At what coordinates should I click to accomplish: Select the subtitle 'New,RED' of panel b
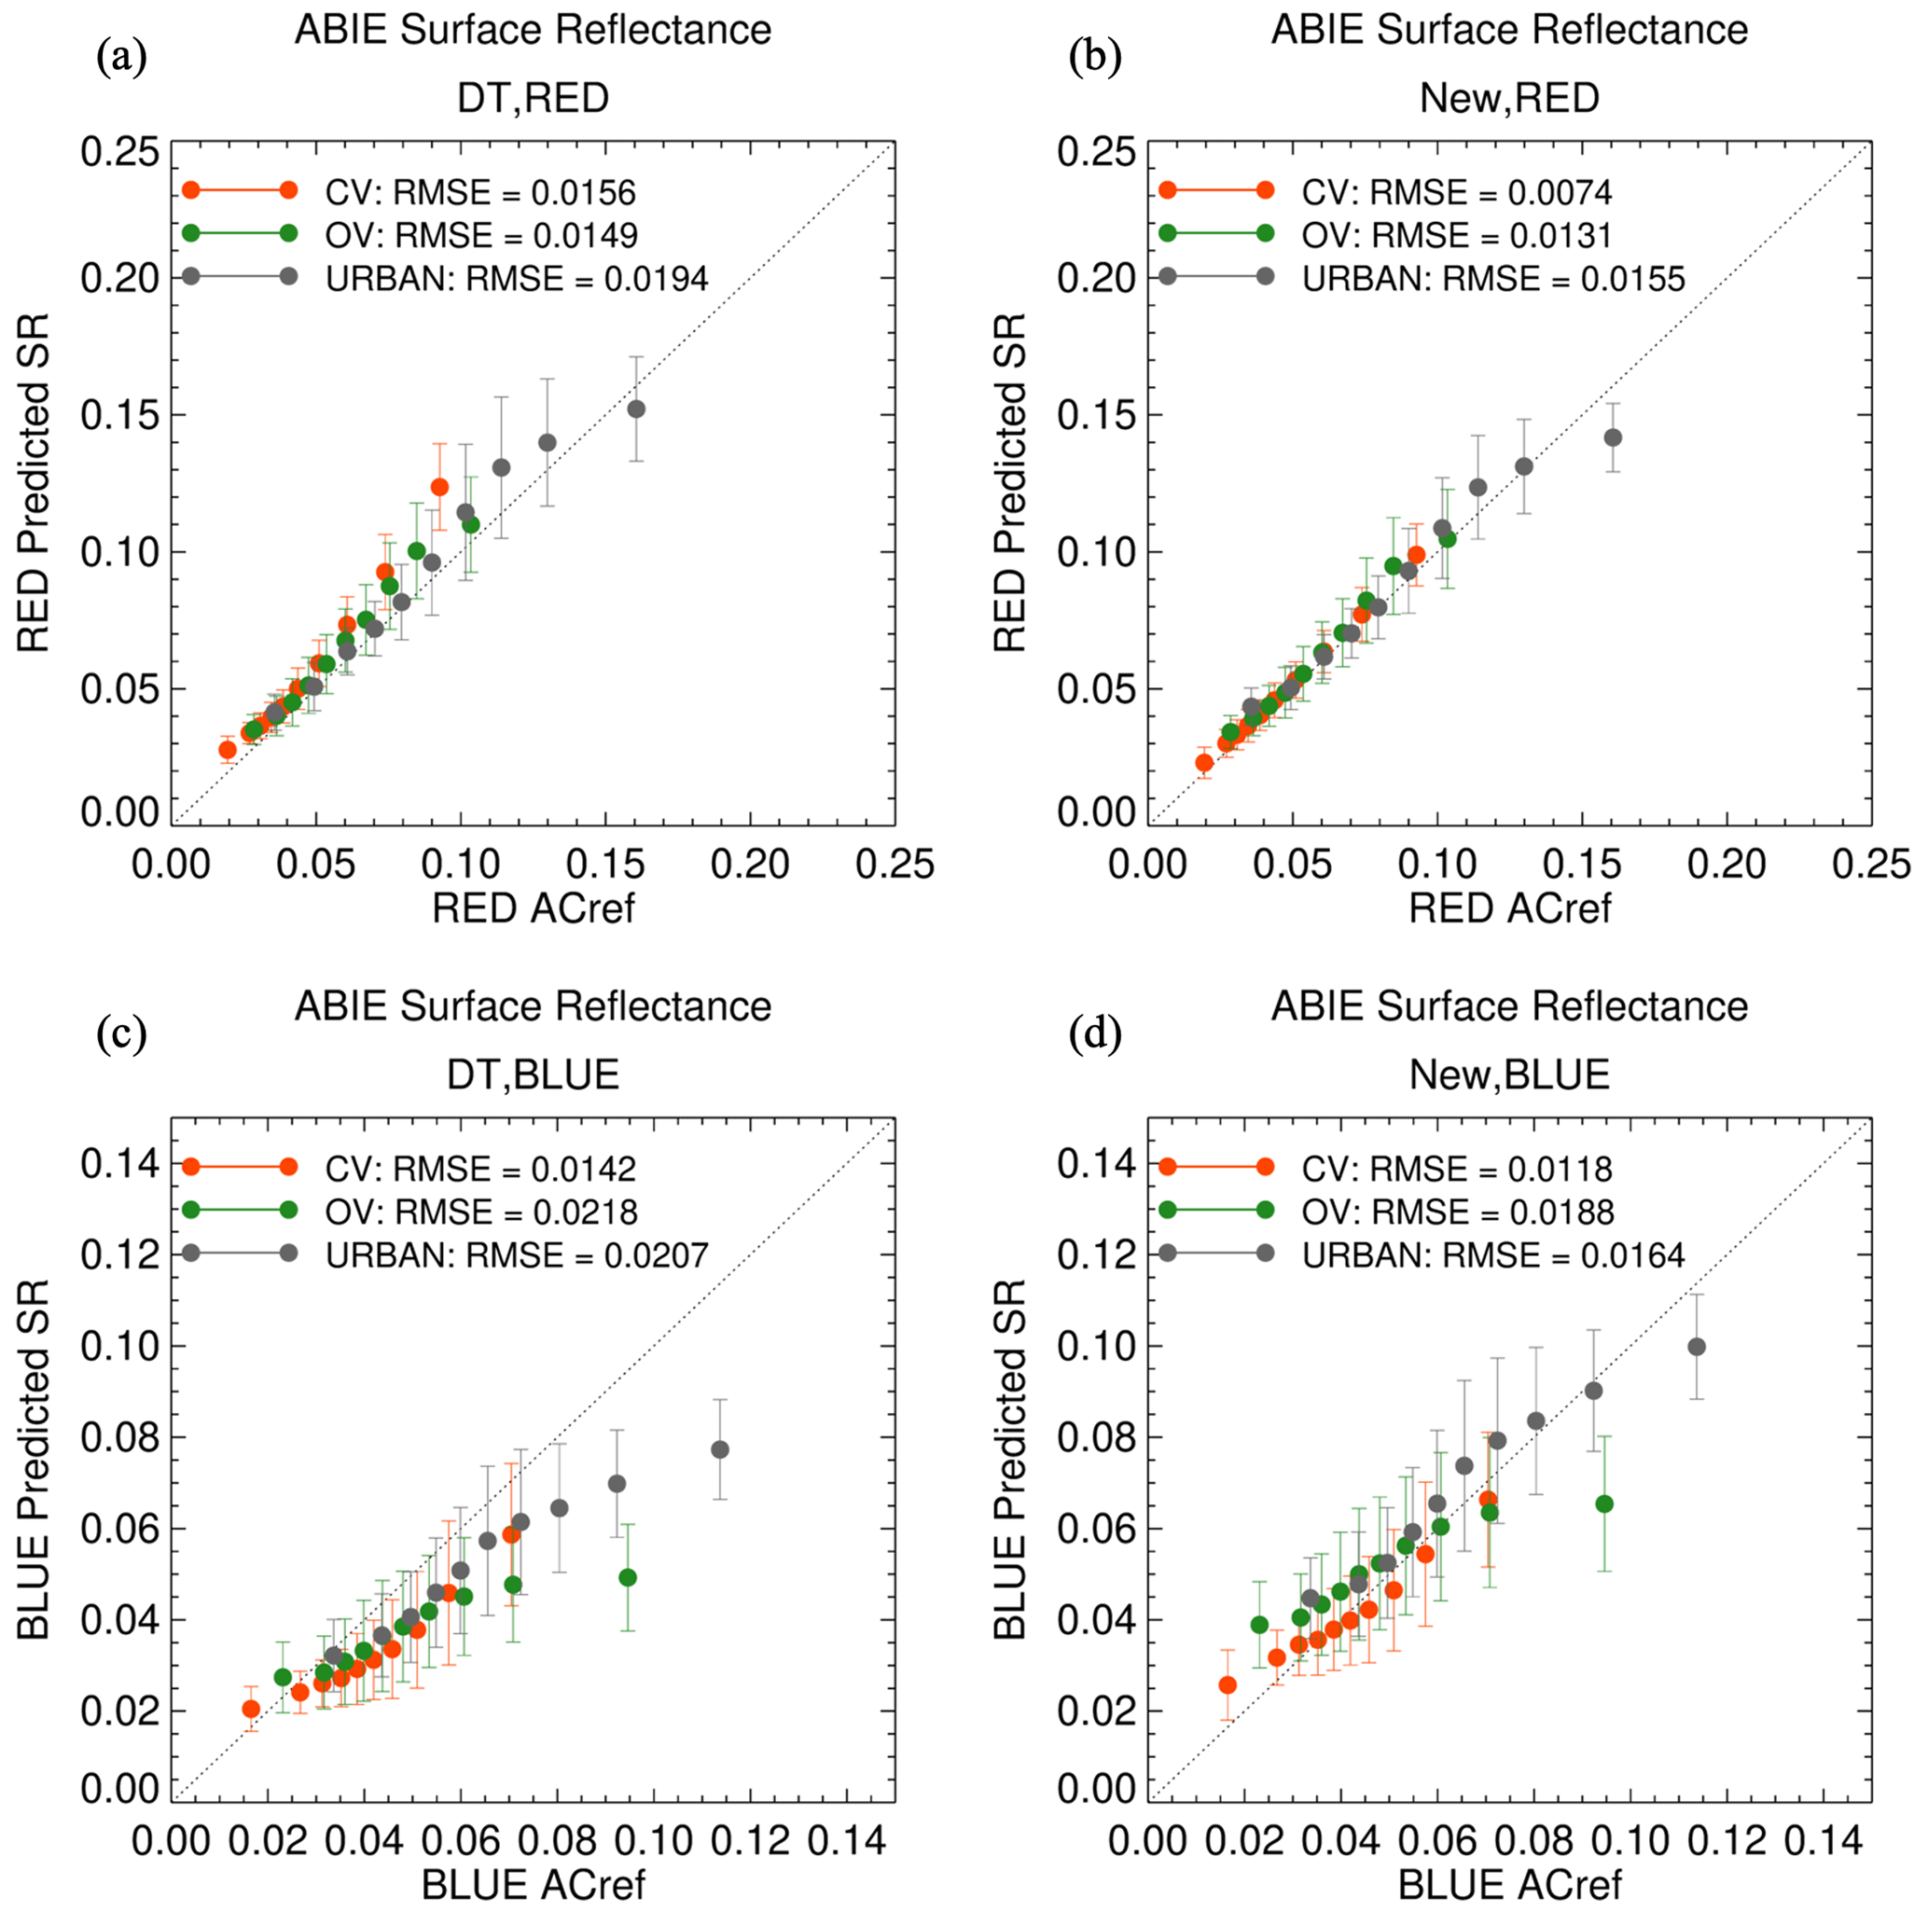(1509, 98)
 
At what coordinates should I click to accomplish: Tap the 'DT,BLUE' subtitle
(533, 1074)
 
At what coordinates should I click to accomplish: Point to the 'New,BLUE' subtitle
(1509, 1074)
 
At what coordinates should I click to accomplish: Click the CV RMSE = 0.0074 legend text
(1457, 191)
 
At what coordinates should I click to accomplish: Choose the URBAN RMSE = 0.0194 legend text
(517, 279)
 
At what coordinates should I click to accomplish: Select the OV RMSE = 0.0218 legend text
(481, 1212)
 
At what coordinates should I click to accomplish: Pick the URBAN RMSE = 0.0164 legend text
(1493, 1254)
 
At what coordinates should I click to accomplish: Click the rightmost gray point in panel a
(636, 409)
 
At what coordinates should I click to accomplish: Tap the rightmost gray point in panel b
(1613, 437)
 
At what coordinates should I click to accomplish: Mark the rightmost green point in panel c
(628, 1578)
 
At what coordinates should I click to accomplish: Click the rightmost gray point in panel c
(719, 1450)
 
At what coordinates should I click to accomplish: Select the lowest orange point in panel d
(1228, 1684)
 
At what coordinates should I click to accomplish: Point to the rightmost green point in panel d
(1604, 1503)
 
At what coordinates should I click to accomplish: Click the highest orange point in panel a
(439, 487)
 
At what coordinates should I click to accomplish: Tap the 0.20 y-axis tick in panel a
(119, 277)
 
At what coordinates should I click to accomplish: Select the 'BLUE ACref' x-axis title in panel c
(533, 1884)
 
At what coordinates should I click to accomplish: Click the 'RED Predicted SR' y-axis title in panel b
(1010, 483)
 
